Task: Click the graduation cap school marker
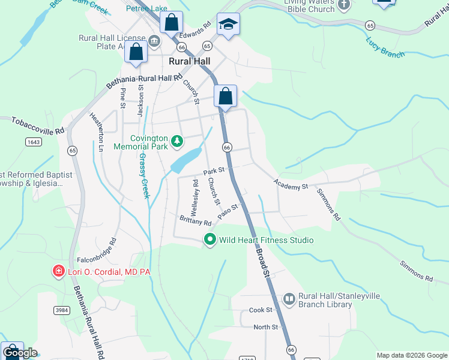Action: coord(228,25)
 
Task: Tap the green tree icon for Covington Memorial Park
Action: coord(176,142)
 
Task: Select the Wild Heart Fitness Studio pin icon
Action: coord(209,240)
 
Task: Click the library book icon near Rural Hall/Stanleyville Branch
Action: coord(289,299)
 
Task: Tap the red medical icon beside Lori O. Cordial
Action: coord(58,272)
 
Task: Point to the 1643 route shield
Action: coord(34,142)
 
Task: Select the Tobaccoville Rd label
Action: coord(37,125)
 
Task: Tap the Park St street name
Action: coord(213,172)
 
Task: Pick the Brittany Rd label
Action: coord(196,220)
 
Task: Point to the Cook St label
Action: coord(261,310)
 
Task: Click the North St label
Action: coord(265,327)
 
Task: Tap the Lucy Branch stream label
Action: coord(385,48)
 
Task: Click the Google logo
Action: coord(19,353)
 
